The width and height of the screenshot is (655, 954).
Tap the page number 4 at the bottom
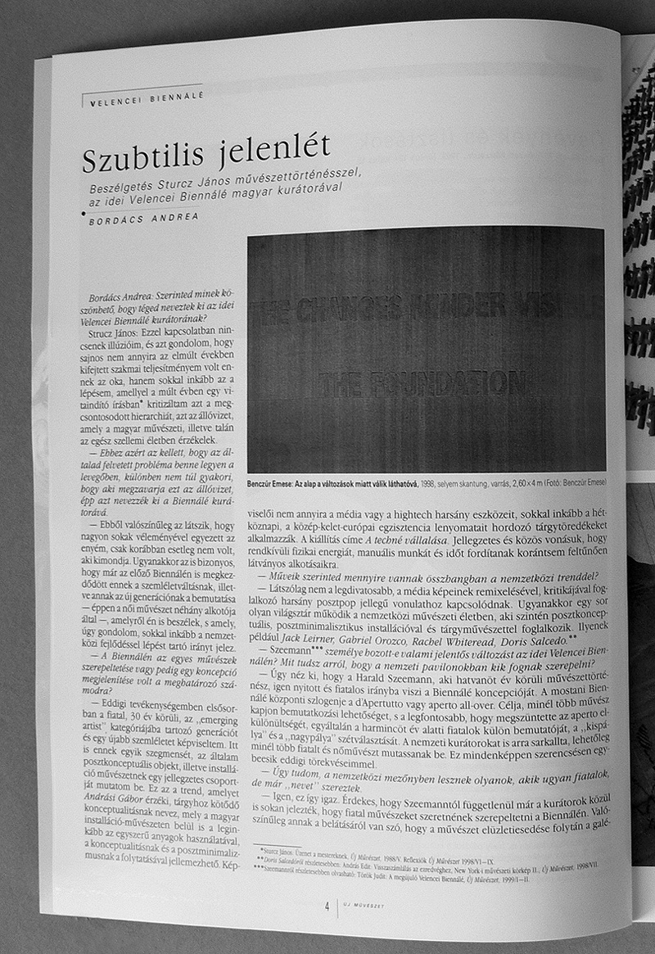[x=327, y=907]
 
